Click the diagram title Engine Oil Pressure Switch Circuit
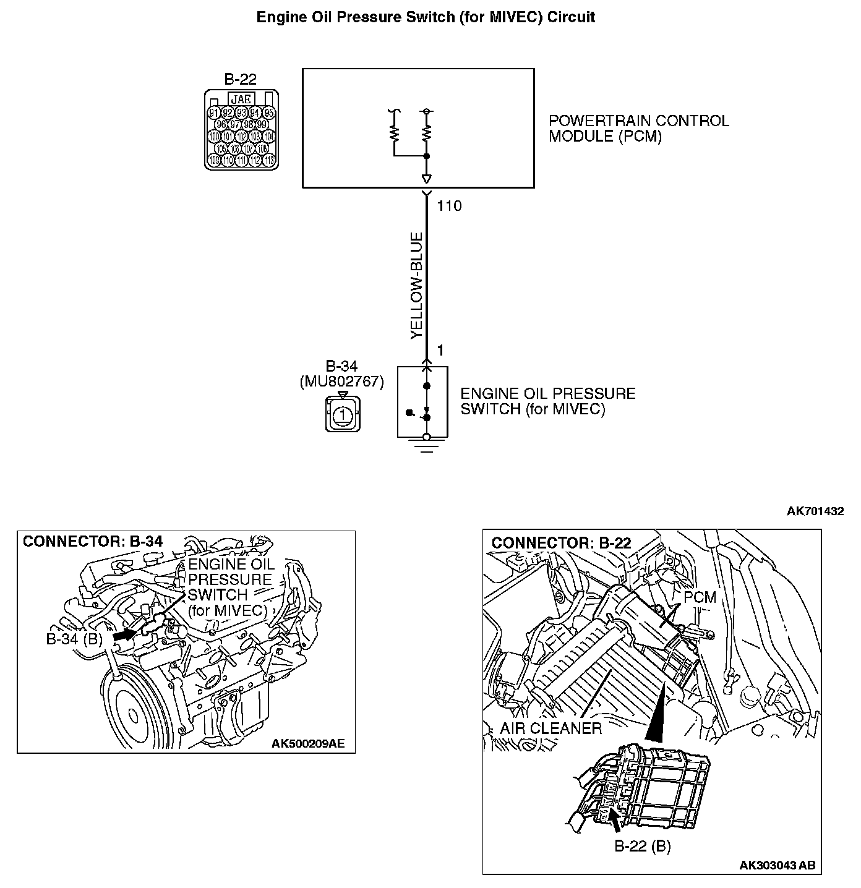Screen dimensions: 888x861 (x=426, y=17)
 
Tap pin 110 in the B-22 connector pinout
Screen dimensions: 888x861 (x=228, y=160)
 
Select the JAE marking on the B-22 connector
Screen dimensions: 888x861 (x=241, y=99)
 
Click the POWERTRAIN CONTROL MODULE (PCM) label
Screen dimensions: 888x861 (x=639, y=129)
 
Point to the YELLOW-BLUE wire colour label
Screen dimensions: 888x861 (x=416, y=286)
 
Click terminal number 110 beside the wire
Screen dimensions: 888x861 (x=449, y=207)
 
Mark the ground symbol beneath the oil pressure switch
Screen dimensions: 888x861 (x=426, y=445)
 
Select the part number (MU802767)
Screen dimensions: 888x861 (x=341, y=382)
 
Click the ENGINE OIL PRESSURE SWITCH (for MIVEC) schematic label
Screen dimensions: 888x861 (x=548, y=401)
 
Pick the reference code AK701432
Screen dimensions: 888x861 (x=815, y=511)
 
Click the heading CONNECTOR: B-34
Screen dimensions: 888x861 (x=93, y=542)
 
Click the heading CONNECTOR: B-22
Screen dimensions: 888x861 (x=561, y=543)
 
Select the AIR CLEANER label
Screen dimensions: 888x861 (x=550, y=728)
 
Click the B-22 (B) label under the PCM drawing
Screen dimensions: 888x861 (x=643, y=846)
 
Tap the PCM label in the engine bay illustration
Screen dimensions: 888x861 (x=700, y=597)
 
